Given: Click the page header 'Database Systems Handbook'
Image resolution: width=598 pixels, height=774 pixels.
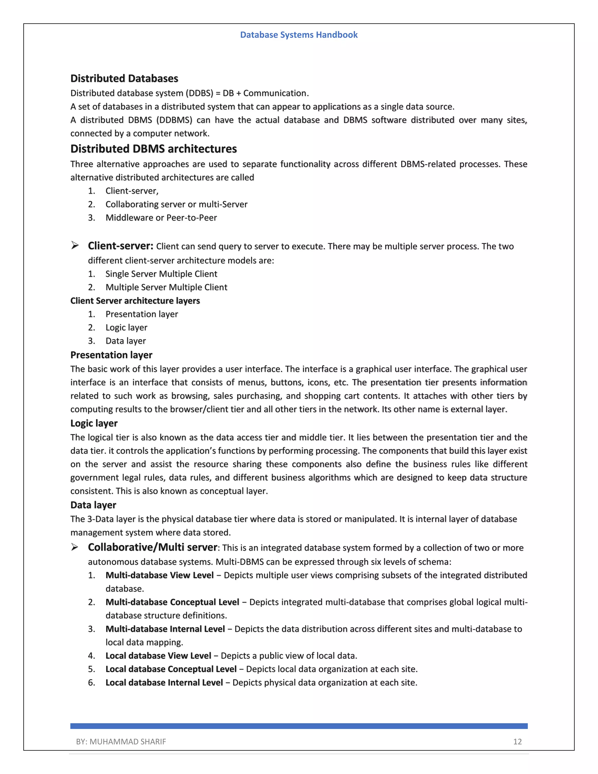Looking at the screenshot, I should [299, 35].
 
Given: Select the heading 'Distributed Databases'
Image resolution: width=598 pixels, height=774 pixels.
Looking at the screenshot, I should [124, 78].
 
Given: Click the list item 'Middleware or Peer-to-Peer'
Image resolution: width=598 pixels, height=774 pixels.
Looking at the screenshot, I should [161, 218].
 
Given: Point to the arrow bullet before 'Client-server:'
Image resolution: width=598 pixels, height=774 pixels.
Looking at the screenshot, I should [75, 245].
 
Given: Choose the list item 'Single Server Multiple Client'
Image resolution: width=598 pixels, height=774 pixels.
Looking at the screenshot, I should [161, 274].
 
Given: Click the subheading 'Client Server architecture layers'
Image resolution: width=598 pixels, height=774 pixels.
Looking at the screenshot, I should [135, 301].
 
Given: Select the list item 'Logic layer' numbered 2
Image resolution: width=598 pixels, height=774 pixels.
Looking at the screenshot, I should [126, 327].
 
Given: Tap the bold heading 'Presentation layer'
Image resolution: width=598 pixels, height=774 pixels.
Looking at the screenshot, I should [111, 355].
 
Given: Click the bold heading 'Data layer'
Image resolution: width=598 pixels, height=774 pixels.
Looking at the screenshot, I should [93, 505].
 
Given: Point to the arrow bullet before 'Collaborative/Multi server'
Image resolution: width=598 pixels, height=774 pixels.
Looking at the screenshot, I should [75, 547].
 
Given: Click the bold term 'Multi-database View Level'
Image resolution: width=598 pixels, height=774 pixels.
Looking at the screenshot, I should [159, 575].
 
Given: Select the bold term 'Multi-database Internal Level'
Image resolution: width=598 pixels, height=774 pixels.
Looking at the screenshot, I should [165, 629].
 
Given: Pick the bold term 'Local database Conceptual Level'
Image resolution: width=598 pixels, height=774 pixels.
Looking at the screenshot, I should [171, 669].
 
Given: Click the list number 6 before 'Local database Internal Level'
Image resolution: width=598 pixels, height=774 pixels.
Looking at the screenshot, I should [91, 683].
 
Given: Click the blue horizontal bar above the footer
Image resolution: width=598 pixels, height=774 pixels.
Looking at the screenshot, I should [299, 726].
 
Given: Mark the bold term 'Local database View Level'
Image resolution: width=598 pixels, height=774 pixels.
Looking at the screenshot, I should [158, 656].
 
